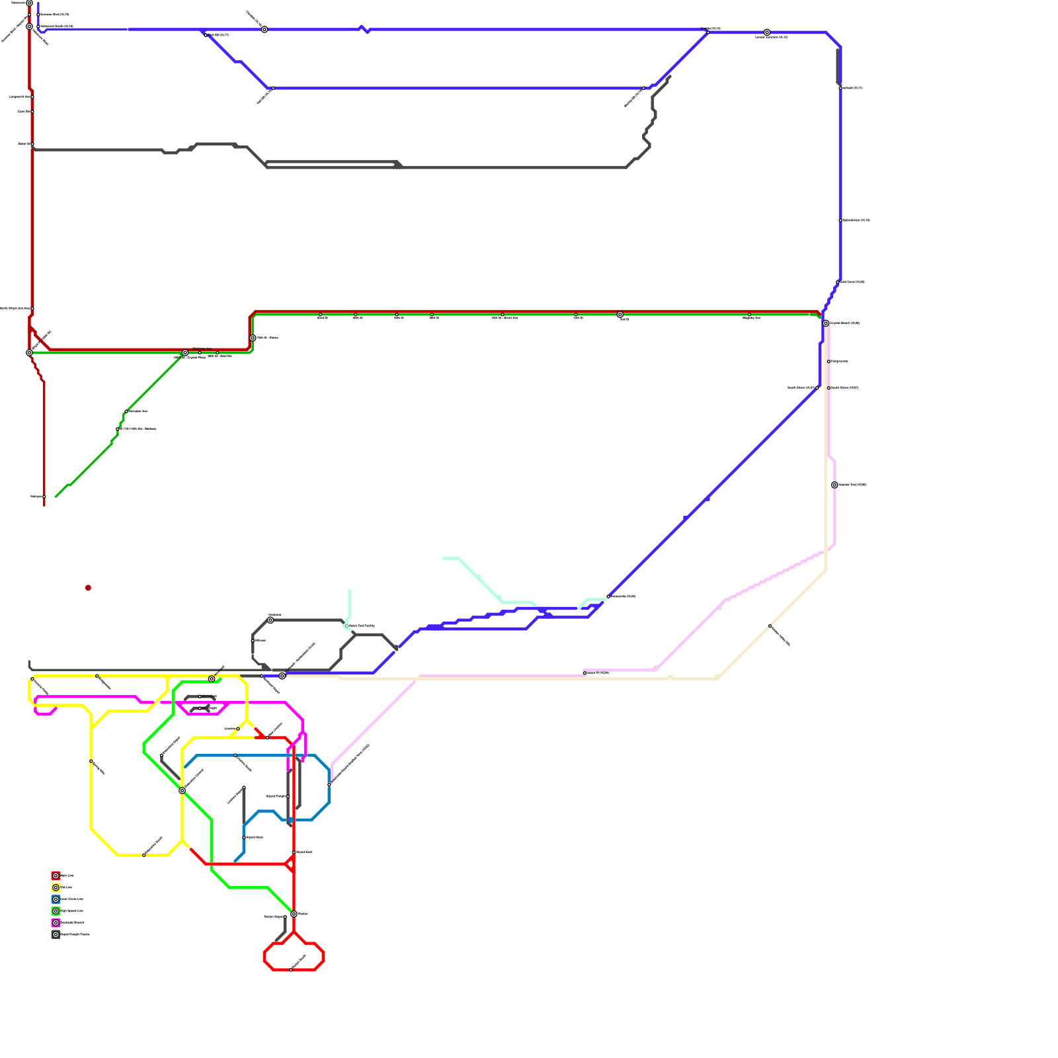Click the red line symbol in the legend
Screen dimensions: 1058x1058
tap(56, 875)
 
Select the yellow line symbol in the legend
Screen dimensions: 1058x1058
tap(56, 887)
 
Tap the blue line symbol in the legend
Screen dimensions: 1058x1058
tap(56, 899)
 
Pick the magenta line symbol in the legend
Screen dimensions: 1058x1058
tap(56, 922)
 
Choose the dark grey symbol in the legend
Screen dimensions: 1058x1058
tap(56, 934)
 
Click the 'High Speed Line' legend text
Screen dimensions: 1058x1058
tap(72, 911)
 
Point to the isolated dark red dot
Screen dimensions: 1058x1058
tap(88, 588)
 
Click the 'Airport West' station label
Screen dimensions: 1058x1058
tap(255, 837)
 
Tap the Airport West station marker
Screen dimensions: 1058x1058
tap(244, 838)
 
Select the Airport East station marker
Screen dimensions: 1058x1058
tap(294, 852)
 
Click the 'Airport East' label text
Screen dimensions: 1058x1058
tap(304, 852)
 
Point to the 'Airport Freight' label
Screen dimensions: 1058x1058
tap(276, 796)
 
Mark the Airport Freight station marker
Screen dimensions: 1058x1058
tap(288, 796)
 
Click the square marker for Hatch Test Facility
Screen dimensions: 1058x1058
tap(346, 626)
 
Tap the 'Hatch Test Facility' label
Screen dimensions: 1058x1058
tap(362, 626)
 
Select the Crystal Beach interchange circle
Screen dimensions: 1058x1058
tap(826, 323)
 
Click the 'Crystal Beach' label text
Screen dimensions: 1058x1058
tap(845, 323)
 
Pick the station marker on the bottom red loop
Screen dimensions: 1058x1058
tap(291, 970)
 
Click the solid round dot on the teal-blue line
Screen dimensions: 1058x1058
tap(290, 820)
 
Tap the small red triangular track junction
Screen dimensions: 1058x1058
tap(290, 864)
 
